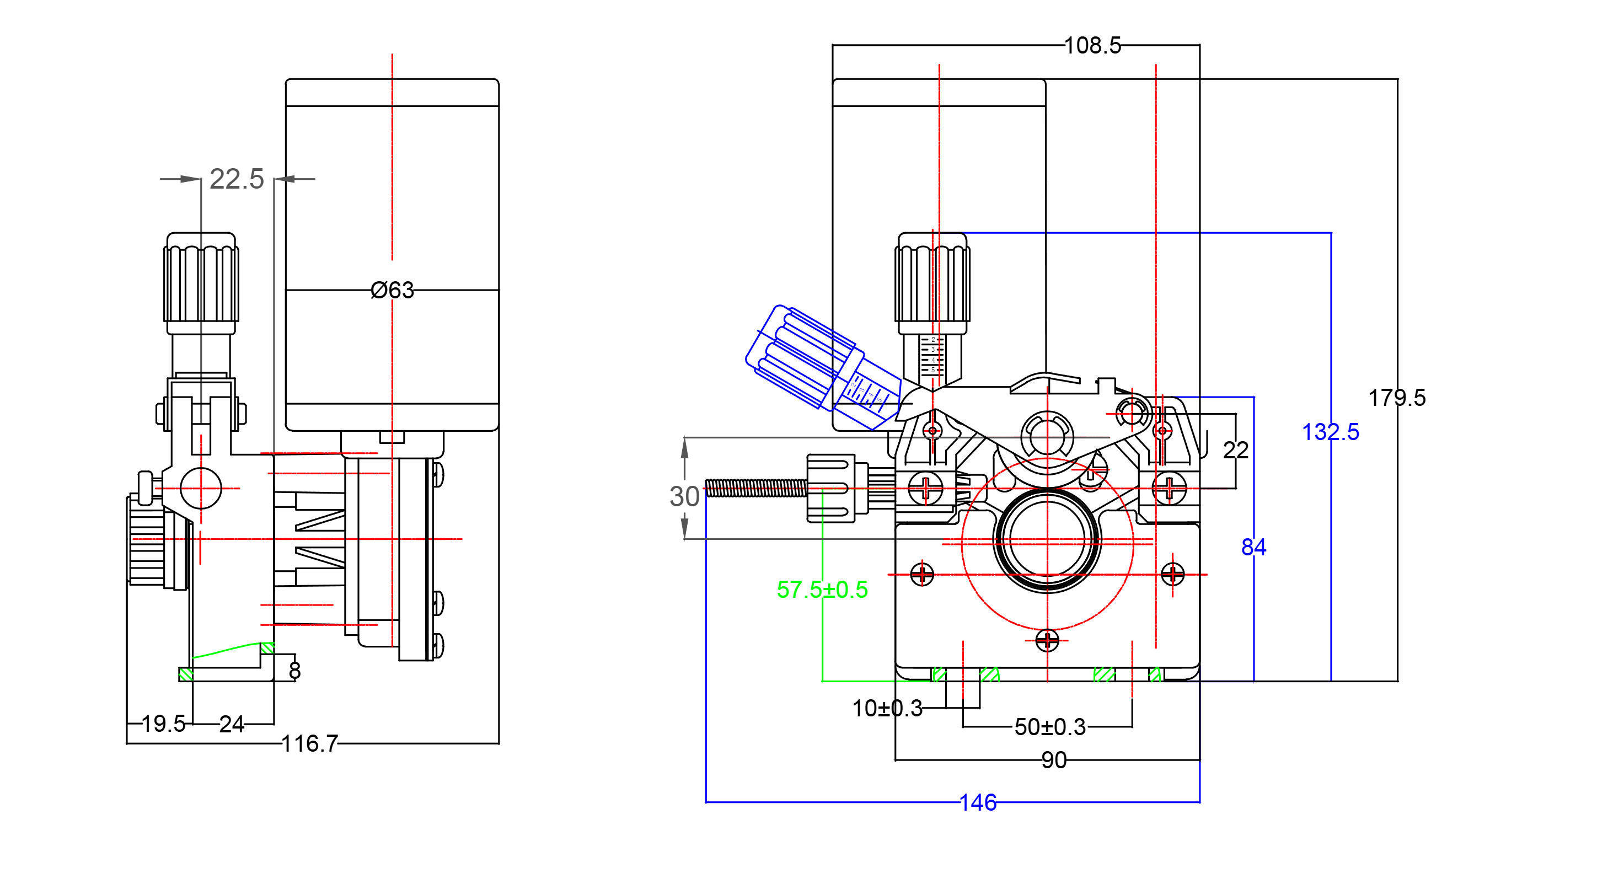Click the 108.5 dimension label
pos(1092,45)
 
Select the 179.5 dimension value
pos(1396,398)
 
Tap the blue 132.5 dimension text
pos(1330,432)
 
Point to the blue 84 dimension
pos(1253,547)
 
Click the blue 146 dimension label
pos(978,802)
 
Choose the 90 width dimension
pos(1053,760)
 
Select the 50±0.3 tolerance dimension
pos(1050,727)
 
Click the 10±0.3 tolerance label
pos(887,709)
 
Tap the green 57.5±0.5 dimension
pos(822,590)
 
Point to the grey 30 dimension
pos(684,496)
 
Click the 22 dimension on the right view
pos(1235,450)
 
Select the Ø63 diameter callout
pos(392,290)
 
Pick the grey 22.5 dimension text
pos(237,179)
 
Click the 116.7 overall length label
pos(309,744)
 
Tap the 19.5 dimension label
pos(163,724)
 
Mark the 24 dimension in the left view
pos(232,724)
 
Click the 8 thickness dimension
pos(294,671)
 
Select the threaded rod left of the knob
pos(755,488)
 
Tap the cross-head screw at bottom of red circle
pos(1047,640)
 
